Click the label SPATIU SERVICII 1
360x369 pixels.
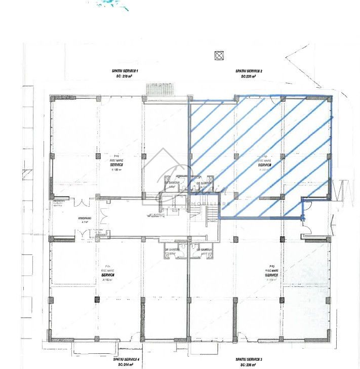[124, 71]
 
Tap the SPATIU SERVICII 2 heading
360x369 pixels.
[248, 71]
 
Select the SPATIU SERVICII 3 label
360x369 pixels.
[249, 359]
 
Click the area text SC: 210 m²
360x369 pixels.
[124, 77]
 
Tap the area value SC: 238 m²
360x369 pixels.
[249, 364]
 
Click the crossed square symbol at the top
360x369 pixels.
[219, 56]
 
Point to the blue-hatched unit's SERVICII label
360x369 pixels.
[265, 165]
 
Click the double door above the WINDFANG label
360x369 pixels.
[81, 203]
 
